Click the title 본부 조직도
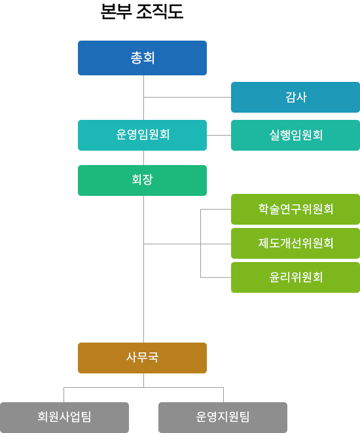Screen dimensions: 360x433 [142, 12]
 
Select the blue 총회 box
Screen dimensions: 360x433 [142, 58]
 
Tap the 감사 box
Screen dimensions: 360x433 [295, 97]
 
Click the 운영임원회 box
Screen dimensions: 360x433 [142, 136]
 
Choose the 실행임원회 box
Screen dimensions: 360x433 [295, 136]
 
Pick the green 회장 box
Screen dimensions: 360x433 [142, 180]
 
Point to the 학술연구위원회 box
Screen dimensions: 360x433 [295, 210]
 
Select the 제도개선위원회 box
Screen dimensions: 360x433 [295, 243]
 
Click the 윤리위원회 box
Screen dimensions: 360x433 [295, 277]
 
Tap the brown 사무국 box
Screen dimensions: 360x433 [142, 358]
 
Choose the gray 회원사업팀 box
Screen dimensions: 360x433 [64, 417]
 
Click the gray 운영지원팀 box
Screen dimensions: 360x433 [223, 417]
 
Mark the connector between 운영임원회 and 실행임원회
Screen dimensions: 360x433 [219, 136]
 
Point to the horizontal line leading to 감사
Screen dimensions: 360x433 [187, 97]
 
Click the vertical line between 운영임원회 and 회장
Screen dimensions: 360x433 [143, 158]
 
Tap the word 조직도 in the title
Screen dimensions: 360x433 [160, 12]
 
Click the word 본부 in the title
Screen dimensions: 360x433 [116, 12]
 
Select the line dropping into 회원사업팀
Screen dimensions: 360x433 [63, 395]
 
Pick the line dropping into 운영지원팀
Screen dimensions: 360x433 [223, 395]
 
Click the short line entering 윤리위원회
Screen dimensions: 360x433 [216, 277]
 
